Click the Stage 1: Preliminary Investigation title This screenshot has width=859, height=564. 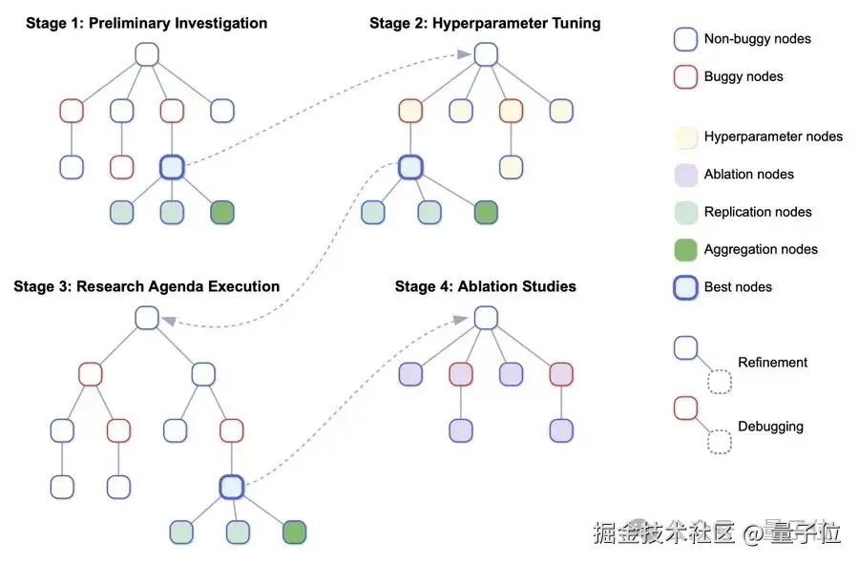(x=147, y=23)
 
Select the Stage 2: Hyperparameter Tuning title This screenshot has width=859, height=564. (x=485, y=23)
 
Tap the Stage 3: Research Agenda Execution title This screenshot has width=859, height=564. (x=146, y=286)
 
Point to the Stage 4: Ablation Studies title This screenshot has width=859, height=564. (x=485, y=286)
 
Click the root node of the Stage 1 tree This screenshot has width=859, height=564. (x=146, y=53)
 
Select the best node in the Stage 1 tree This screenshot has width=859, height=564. (x=172, y=167)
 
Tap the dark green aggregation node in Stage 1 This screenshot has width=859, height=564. (x=221, y=212)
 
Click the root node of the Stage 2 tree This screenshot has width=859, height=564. (x=485, y=53)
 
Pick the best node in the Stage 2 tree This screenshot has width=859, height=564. (x=410, y=167)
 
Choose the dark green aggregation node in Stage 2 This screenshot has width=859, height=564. (x=486, y=212)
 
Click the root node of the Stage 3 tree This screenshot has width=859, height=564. (x=146, y=318)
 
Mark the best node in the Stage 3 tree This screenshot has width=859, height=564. (x=231, y=487)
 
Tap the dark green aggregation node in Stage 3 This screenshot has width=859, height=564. (x=294, y=532)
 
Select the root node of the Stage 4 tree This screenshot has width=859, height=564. (x=485, y=318)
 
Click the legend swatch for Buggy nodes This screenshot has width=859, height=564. (x=685, y=77)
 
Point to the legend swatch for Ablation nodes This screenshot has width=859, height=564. (x=685, y=174)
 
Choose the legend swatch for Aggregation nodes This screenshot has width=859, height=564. (x=685, y=249)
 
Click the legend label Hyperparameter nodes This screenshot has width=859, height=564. (x=773, y=136)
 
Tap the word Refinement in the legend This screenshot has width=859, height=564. (x=772, y=363)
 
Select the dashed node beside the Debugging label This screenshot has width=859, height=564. (x=719, y=442)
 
